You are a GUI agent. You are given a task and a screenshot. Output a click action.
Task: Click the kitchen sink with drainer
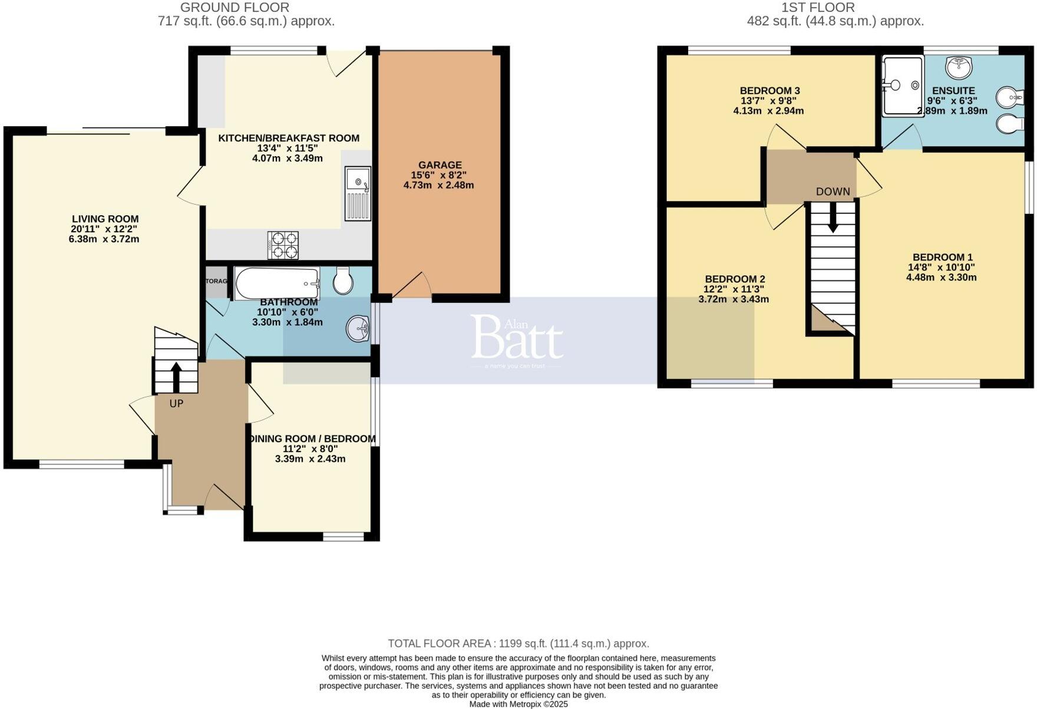pos(358,193)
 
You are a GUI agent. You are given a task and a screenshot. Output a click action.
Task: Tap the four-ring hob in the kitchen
pos(283,245)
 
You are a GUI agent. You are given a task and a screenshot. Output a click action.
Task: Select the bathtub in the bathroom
pos(277,283)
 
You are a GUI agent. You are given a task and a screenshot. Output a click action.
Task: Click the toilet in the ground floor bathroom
pos(342,281)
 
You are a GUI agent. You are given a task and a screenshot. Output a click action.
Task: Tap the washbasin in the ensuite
pos(959,67)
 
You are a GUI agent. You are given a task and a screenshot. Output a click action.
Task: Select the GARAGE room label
pos(440,165)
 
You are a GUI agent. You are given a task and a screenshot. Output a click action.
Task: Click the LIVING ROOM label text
pos(105,219)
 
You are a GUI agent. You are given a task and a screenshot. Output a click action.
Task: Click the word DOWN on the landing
pos(833,192)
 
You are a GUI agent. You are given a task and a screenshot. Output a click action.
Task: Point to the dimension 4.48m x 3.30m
pos(941,277)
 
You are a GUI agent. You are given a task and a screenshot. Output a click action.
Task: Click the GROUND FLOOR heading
pos(235,8)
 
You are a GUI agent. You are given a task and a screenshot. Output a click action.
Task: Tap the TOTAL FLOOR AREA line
pos(518,644)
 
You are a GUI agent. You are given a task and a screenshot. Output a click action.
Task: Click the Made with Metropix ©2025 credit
pos(518,704)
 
